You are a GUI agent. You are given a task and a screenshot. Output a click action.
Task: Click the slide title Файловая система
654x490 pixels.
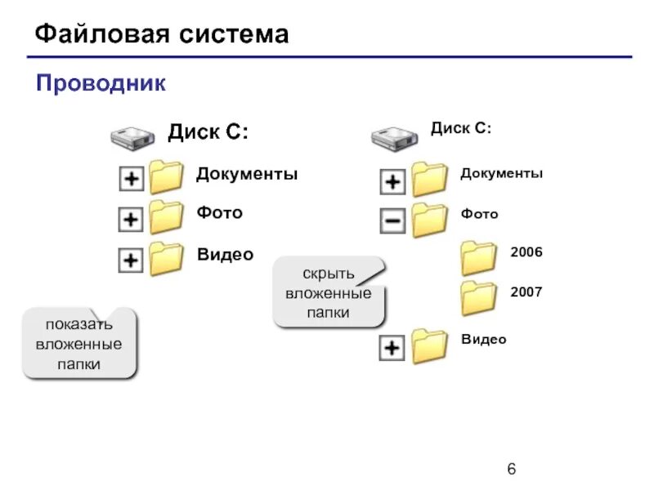pyautogui.click(x=162, y=34)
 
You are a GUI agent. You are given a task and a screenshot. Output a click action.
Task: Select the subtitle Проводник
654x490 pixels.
pyautogui.click(x=101, y=82)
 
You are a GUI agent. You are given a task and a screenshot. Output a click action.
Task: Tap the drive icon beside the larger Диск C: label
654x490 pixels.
pyautogui.click(x=132, y=137)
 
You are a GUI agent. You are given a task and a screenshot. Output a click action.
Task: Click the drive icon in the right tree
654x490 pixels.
pyautogui.click(x=395, y=137)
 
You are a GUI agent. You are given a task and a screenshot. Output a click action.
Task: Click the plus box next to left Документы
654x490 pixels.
pyautogui.click(x=131, y=179)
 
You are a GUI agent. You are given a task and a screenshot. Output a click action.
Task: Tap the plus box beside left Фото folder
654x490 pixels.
pyautogui.click(x=131, y=219)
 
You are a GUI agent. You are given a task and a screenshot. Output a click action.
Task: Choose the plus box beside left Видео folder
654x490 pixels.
pyautogui.click(x=131, y=261)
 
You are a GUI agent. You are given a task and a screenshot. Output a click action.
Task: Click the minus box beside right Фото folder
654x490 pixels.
pyautogui.click(x=393, y=220)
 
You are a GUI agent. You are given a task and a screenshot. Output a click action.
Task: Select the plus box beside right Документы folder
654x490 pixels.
pyautogui.click(x=393, y=181)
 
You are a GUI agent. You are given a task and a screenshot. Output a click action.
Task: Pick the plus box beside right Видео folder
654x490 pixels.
pyautogui.click(x=393, y=349)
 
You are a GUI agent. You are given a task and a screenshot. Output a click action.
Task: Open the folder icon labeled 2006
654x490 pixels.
pyautogui.click(x=478, y=257)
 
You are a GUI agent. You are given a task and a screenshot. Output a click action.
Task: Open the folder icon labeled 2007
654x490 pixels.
pyautogui.click(x=478, y=298)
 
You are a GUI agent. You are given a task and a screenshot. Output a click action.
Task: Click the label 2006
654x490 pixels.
pyautogui.click(x=526, y=252)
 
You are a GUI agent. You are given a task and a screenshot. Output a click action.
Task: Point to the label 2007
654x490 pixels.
pyautogui.click(x=526, y=292)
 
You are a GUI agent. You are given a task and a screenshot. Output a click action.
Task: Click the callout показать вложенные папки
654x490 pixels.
pyautogui.click(x=79, y=344)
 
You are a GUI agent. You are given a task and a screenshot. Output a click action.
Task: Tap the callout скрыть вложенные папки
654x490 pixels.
pyautogui.click(x=329, y=292)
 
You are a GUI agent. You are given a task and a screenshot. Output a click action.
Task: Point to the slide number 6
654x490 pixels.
pyautogui.click(x=512, y=469)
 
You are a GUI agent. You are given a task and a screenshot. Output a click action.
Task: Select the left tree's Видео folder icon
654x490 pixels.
pyautogui.click(x=167, y=258)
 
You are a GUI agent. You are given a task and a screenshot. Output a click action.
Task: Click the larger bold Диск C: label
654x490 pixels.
pyautogui.click(x=208, y=131)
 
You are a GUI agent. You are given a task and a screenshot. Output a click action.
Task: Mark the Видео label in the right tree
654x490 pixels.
pyautogui.click(x=483, y=340)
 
